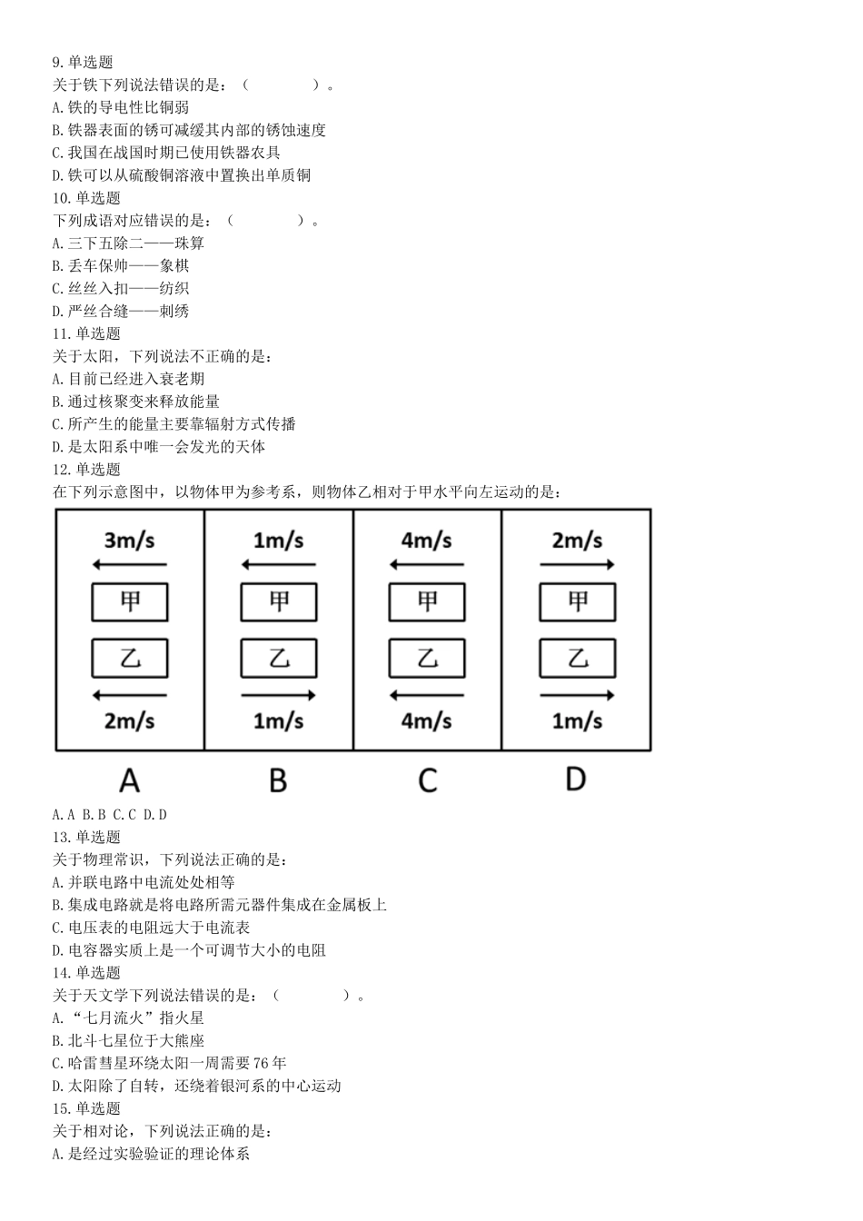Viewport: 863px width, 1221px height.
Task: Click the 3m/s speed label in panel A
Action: click(x=130, y=541)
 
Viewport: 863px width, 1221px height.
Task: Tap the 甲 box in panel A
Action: click(x=130, y=601)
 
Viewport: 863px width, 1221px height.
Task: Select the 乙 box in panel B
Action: click(x=278, y=659)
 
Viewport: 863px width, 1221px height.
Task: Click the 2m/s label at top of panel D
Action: click(x=577, y=541)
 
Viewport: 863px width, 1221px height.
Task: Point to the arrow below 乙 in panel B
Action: click(x=278, y=696)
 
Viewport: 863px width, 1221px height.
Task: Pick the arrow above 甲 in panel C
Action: click(x=427, y=565)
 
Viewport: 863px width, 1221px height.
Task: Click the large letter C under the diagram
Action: click(x=427, y=780)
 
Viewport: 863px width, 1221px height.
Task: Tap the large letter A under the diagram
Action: click(x=130, y=780)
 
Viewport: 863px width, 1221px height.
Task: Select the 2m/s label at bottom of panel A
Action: click(x=130, y=721)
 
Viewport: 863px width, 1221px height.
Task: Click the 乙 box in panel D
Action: click(x=577, y=659)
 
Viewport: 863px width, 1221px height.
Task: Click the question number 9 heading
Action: click(x=83, y=63)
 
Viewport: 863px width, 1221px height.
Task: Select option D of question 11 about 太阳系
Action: click(x=159, y=447)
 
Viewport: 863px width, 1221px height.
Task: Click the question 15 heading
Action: click(x=86, y=1108)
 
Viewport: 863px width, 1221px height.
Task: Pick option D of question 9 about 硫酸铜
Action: click(x=182, y=175)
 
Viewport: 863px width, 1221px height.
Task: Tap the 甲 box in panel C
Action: click(x=427, y=601)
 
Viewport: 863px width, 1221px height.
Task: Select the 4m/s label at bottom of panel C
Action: click(x=427, y=721)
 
